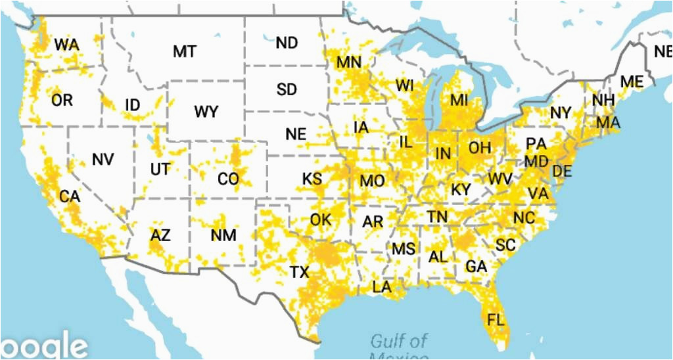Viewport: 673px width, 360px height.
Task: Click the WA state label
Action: [x=66, y=45]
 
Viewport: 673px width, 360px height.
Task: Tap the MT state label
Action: [x=185, y=51]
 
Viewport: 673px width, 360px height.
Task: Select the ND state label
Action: [x=287, y=43]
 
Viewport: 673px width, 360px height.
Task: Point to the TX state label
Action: [x=299, y=271]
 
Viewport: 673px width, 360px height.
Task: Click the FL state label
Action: [x=497, y=320]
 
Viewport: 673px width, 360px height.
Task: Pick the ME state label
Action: [x=632, y=82]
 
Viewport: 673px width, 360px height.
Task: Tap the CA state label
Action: [x=69, y=196]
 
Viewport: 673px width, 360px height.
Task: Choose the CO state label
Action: [x=228, y=179]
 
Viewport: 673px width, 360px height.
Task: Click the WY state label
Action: [x=206, y=112]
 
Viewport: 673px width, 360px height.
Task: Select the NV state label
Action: [x=103, y=159]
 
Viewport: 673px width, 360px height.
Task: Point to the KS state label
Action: [x=312, y=179]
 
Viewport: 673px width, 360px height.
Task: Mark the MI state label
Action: [x=459, y=101]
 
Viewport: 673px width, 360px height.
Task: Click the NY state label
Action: [x=561, y=113]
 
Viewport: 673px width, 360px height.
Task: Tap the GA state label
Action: [x=476, y=267]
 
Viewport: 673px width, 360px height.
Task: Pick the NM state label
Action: [x=223, y=235]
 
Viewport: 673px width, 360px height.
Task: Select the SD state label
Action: [x=287, y=89]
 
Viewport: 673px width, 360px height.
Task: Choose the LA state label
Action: [x=382, y=287]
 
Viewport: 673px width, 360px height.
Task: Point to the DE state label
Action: [x=562, y=171]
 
